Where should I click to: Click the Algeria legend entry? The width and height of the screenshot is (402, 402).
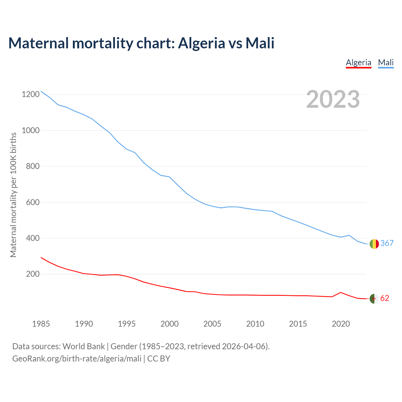pyautogui.click(x=358, y=62)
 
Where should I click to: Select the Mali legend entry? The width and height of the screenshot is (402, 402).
pyautogui.click(x=386, y=62)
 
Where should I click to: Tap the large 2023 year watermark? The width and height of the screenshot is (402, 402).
pyautogui.click(x=333, y=99)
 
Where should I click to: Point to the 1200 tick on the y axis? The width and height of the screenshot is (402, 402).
pyautogui.click(x=31, y=95)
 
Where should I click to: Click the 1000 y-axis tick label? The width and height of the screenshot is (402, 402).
pyautogui.click(x=31, y=130)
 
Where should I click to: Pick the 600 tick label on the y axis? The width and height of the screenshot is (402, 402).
pyautogui.click(x=33, y=202)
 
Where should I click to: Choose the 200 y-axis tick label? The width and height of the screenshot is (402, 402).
pyautogui.click(x=33, y=274)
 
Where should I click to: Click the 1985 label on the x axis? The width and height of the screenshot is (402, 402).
pyautogui.click(x=41, y=324)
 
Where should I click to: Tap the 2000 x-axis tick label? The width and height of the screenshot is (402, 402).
pyautogui.click(x=170, y=324)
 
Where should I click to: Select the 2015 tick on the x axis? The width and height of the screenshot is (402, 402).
pyautogui.click(x=298, y=324)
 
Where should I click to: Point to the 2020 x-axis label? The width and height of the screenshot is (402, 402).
pyautogui.click(x=341, y=324)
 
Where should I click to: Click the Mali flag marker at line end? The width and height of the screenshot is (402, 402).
pyautogui.click(x=374, y=244)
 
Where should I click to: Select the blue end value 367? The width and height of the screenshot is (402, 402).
pyautogui.click(x=387, y=243)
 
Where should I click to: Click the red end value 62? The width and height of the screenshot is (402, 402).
pyautogui.click(x=385, y=298)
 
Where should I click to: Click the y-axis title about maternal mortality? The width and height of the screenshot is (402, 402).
pyautogui.click(x=13, y=195)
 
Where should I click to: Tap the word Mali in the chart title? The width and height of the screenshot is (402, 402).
pyautogui.click(x=260, y=43)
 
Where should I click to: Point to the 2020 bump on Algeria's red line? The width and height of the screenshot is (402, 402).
pyautogui.click(x=341, y=292)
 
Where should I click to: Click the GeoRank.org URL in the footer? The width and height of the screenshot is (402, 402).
pyautogui.click(x=77, y=359)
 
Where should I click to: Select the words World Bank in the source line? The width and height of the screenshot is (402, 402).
pyautogui.click(x=84, y=346)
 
